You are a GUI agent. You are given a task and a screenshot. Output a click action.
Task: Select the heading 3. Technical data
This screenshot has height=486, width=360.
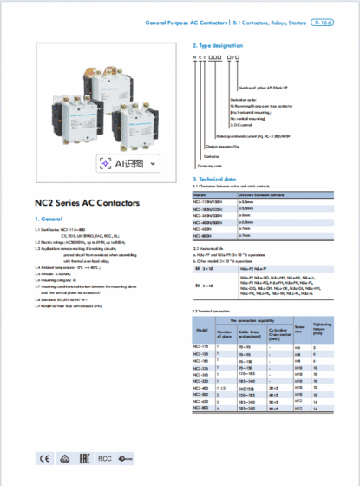216,179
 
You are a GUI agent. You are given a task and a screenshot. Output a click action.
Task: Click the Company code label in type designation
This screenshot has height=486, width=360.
210,164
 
